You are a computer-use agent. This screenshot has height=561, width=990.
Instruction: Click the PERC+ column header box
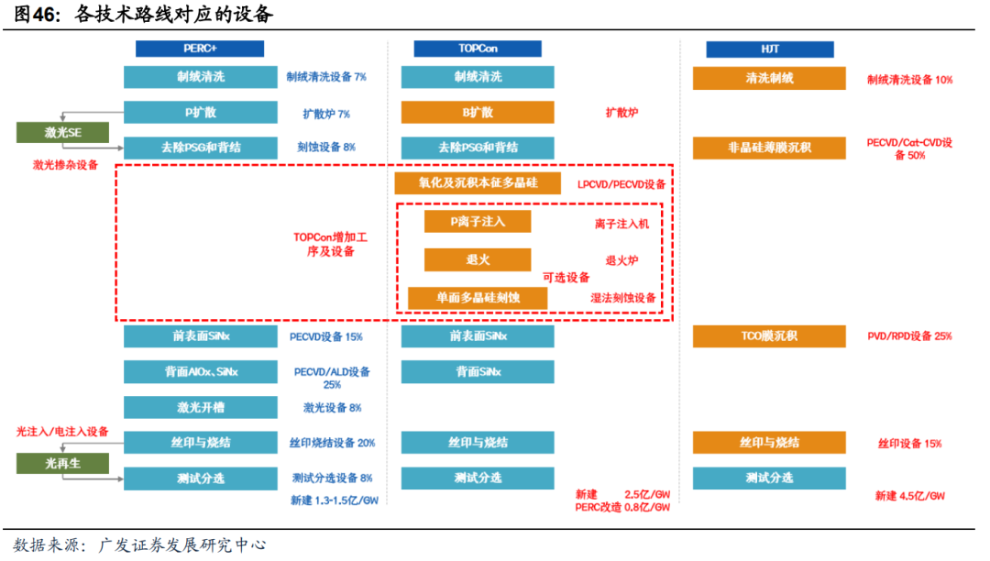200,49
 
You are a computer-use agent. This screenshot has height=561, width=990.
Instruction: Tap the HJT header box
769,49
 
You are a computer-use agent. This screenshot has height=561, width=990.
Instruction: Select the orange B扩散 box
478,113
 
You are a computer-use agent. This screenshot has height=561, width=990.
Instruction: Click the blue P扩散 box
200,113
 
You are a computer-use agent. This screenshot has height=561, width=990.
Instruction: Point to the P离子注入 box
478,222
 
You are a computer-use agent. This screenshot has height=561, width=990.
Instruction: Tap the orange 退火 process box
478,260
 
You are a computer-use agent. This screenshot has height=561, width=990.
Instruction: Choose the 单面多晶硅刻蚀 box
478,298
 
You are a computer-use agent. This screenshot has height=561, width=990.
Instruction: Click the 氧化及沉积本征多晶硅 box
478,183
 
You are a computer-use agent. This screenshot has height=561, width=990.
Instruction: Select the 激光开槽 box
200,407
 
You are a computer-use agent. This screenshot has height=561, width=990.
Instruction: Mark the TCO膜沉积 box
769,336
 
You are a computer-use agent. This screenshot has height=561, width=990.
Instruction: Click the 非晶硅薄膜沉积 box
769,148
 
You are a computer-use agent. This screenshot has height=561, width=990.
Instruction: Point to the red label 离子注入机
621,223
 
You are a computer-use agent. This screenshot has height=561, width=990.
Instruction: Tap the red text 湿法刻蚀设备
623,298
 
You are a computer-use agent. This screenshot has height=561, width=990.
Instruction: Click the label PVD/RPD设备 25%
909,336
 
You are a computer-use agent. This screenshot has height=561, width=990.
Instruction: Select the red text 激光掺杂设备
65,166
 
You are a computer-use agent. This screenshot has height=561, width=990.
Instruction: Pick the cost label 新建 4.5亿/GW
909,496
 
